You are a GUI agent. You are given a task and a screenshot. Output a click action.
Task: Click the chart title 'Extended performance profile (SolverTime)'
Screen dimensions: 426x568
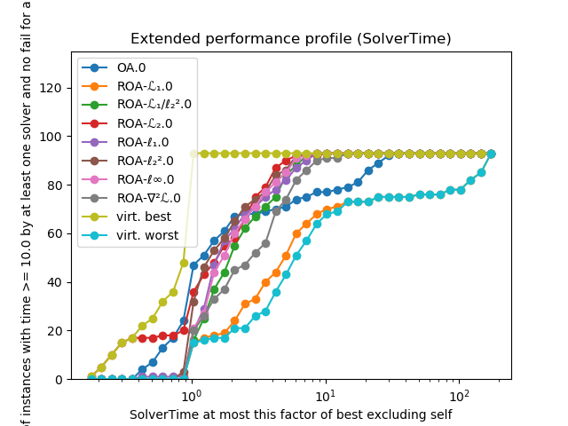pos(290,39)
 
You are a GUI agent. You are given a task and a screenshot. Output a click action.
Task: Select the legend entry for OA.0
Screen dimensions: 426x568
pos(132,67)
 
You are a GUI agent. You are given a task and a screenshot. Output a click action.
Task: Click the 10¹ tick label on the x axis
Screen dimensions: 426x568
pos(325,393)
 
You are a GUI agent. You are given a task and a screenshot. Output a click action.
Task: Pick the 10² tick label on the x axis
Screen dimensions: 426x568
pos(459,393)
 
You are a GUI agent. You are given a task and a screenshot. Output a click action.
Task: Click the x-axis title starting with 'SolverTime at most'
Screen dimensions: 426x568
pos(290,414)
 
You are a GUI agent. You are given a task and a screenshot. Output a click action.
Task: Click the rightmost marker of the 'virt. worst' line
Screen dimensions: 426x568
pos(491,154)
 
